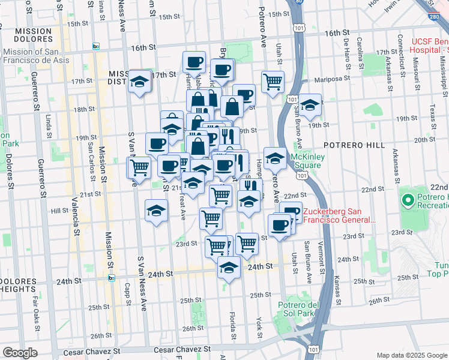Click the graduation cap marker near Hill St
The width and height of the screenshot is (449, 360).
click(x=157, y=210)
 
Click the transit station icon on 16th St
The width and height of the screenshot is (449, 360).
click(x=95, y=47)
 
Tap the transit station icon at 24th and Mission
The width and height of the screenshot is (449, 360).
click(x=111, y=277)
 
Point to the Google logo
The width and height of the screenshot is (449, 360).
click(x=20, y=353)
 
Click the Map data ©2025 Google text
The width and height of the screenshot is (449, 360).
click(x=412, y=355)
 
